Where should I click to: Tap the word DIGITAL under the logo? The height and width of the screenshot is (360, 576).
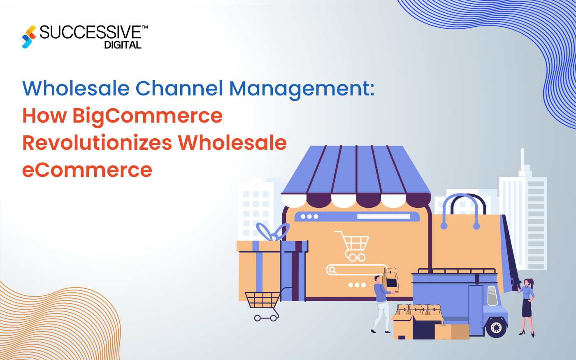coord(123,45)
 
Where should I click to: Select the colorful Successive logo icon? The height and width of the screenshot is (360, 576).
coord(29,37)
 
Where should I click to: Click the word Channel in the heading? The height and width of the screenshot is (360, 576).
coord(179,88)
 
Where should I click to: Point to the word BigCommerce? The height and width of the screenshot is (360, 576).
coord(147,116)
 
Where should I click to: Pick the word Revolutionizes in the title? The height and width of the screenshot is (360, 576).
coord(97,143)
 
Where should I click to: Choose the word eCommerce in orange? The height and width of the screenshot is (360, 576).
coord(87,170)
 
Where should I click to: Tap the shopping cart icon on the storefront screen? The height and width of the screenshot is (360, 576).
coord(353,245)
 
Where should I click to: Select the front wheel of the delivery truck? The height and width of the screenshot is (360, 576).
coord(496,327)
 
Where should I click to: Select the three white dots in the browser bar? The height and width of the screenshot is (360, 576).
coord(309,217)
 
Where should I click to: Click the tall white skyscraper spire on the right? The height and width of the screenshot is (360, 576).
coord(523,158)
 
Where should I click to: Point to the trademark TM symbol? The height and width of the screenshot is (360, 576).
coord(144,27)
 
